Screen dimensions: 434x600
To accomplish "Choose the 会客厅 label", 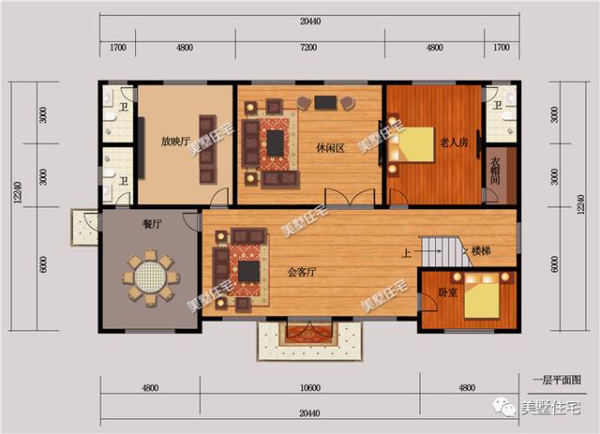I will [301, 272].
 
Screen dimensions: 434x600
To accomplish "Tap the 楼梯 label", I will [481, 251].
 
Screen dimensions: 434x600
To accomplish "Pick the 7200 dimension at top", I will [310, 47].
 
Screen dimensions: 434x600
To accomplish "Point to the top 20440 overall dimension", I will [310, 22].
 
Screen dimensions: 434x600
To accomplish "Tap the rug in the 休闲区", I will [276, 144].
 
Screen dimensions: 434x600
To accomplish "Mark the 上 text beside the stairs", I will [406, 252].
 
